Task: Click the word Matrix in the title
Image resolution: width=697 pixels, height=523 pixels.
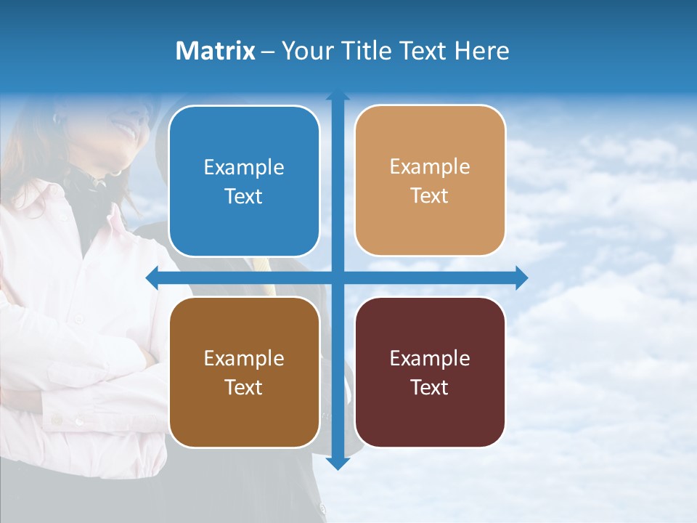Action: click(x=216, y=50)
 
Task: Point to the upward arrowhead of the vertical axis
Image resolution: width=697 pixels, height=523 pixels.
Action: click(x=338, y=95)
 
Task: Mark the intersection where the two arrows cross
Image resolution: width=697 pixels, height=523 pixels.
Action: click(x=338, y=277)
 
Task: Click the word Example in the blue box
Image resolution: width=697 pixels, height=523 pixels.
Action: click(x=244, y=168)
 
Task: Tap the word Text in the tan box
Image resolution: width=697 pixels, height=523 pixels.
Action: click(x=430, y=196)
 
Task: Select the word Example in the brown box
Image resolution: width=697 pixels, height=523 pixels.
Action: click(x=244, y=358)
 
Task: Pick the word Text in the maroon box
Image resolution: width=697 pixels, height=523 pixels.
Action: click(x=430, y=387)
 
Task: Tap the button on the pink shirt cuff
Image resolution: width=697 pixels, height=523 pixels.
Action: click(x=78, y=421)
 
